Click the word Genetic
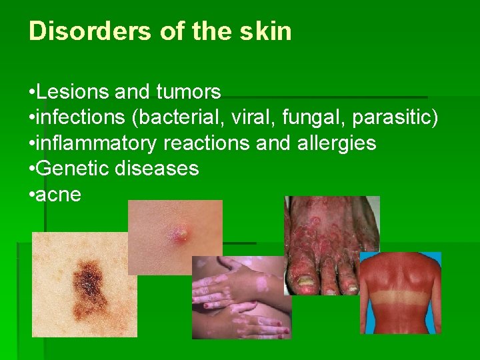point(73,169)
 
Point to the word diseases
point(157,169)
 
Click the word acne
point(59,195)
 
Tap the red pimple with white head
point(179,233)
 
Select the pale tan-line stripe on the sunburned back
point(400,295)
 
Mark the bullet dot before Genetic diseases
point(32,169)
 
